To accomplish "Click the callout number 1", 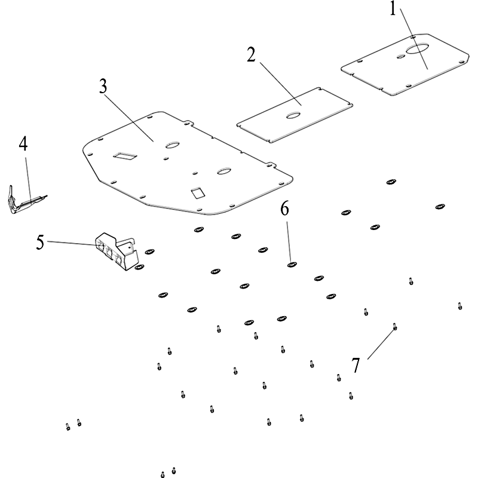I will tap(393, 10).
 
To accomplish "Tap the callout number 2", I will tap(251, 54).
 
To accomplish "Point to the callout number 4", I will tap(23, 143).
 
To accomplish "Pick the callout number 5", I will tap(41, 242).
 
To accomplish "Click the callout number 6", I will tap(285, 209).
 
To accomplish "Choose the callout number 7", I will tap(356, 365).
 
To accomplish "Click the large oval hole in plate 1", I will tap(417, 50).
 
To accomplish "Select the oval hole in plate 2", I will tap(294, 115).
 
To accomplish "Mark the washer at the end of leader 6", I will tap(292, 265).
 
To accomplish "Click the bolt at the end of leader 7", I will tap(394, 326).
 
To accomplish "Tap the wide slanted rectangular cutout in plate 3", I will tap(125, 155).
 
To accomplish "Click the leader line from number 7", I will tap(381, 343).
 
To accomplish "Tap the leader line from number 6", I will tap(288, 239).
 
